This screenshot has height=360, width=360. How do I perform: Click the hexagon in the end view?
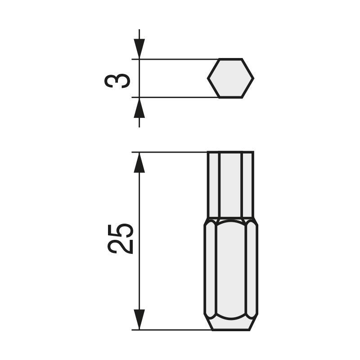tap(230, 78)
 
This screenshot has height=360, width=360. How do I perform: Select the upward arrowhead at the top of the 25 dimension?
tap(139, 163)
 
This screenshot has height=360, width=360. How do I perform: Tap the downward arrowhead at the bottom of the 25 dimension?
tap(139, 319)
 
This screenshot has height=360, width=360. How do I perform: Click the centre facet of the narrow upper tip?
tap(230, 184)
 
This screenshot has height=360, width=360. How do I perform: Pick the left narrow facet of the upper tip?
tap(213, 184)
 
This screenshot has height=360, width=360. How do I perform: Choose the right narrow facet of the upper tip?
tap(247, 184)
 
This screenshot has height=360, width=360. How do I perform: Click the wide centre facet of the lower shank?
tap(231, 270)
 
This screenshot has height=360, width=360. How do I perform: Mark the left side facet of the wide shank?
tap(210, 270)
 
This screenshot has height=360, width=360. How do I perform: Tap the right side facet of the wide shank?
tap(252, 270)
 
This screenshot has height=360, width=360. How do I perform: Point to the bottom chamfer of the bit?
tap(231, 324)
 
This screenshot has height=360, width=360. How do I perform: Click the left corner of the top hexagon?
tap(208, 78)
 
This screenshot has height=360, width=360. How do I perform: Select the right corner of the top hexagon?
tap(253, 78)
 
